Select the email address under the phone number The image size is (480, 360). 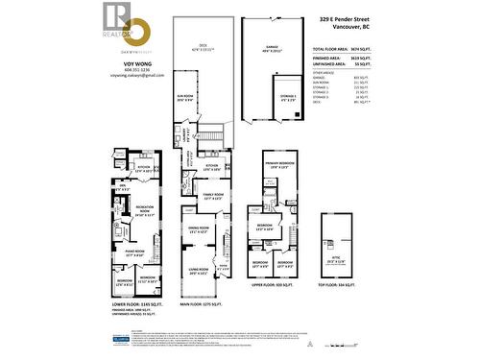click(137, 74)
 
